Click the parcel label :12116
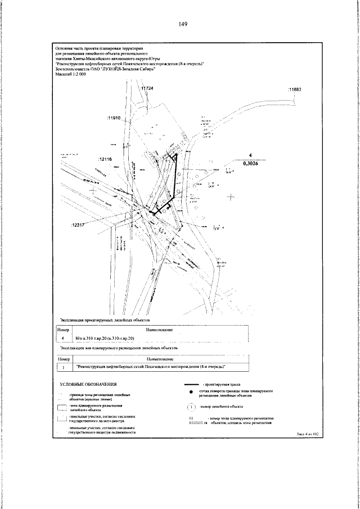click(105, 159)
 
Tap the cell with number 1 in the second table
click(63, 367)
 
